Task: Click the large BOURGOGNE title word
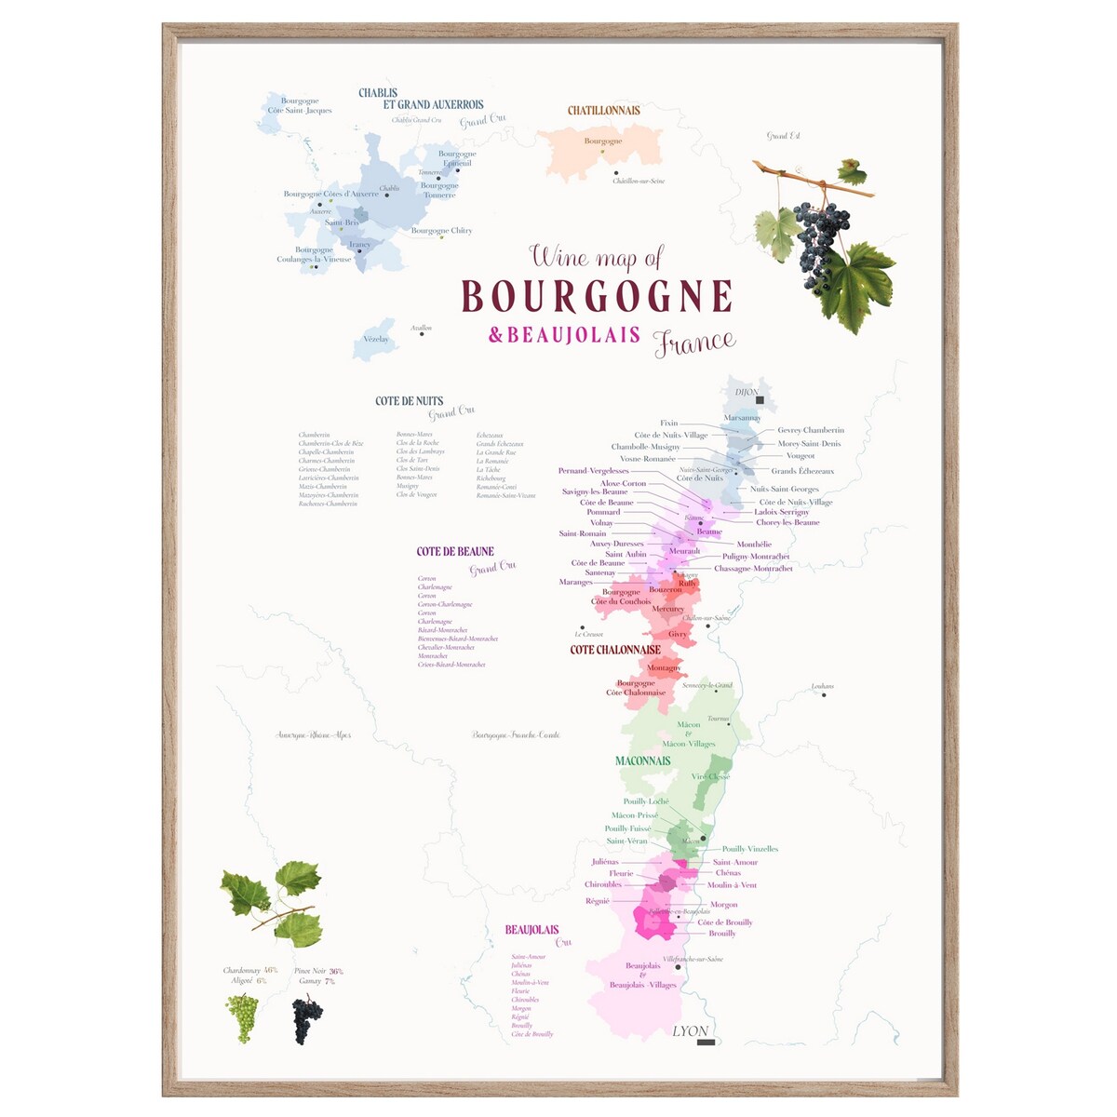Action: pyautogui.click(x=597, y=296)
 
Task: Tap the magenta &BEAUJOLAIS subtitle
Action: pyautogui.click(x=564, y=335)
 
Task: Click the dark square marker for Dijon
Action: pyautogui.click(x=760, y=400)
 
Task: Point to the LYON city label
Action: pyautogui.click(x=691, y=1030)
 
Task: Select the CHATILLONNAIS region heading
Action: pyautogui.click(x=604, y=110)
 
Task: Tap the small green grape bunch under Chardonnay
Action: pyautogui.click(x=242, y=1017)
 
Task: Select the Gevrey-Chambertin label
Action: pyautogui.click(x=811, y=430)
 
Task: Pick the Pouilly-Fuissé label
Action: pyautogui.click(x=628, y=828)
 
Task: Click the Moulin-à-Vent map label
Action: pyautogui.click(x=732, y=885)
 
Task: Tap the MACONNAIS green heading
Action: pyautogui.click(x=642, y=760)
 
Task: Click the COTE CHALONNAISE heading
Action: pyautogui.click(x=615, y=650)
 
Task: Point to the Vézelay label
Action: pyautogui.click(x=376, y=340)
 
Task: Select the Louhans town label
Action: pyautogui.click(x=822, y=687)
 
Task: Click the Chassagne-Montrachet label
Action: pyautogui.click(x=753, y=569)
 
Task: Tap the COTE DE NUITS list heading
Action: pyautogui.click(x=409, y=401)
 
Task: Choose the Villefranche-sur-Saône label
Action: pyautogui.click(x=693, y=959)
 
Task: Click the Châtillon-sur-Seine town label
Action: pyautogui.click(x=639, y=182)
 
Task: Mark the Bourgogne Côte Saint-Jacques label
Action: pyautogui.click(x=300, y=105)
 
